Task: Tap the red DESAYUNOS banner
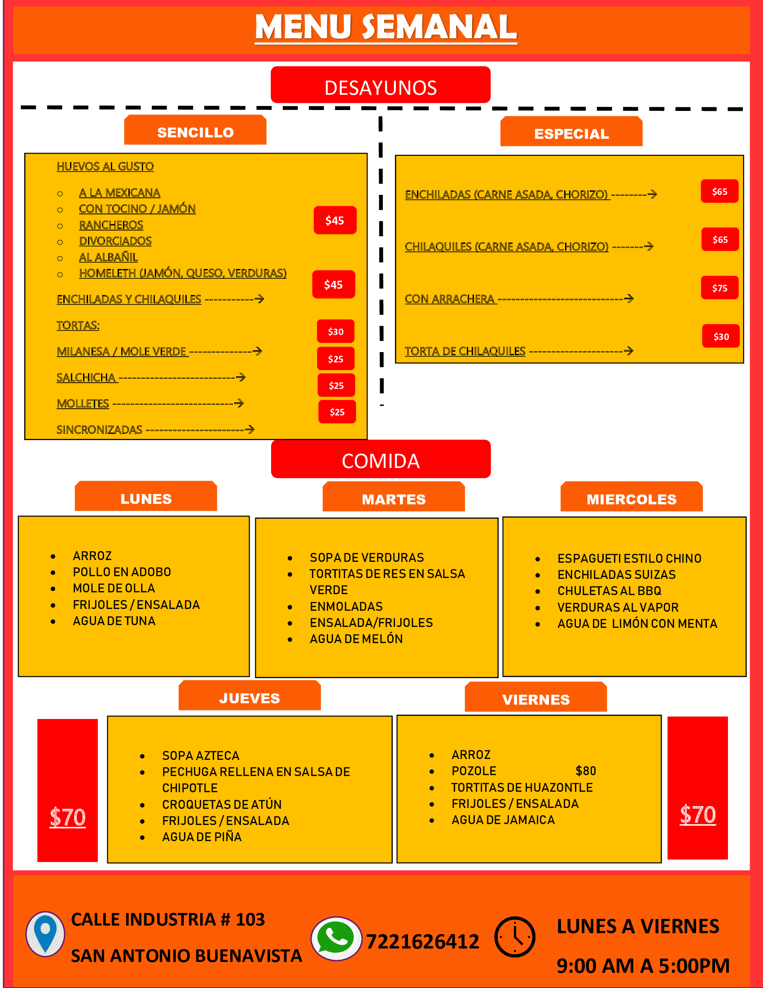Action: point(381,85)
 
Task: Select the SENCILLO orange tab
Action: point(195,130)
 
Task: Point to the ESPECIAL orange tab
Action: point(571,132)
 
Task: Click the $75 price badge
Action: point(719,288)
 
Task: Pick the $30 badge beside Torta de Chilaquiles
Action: point(721,336)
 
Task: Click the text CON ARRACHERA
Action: point(449,299)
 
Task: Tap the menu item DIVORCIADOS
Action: point(115,241)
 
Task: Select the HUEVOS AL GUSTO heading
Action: point(105,167)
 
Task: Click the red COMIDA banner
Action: point(381,459)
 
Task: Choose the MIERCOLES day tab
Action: point(631,497)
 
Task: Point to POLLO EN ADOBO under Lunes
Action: point(122,572)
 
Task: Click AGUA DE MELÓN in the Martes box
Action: point(356,639)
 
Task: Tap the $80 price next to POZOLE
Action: point(586,771)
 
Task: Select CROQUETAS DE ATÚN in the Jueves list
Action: point(222,805)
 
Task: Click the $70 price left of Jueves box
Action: point(68,817)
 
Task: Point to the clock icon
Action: point(515,937)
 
